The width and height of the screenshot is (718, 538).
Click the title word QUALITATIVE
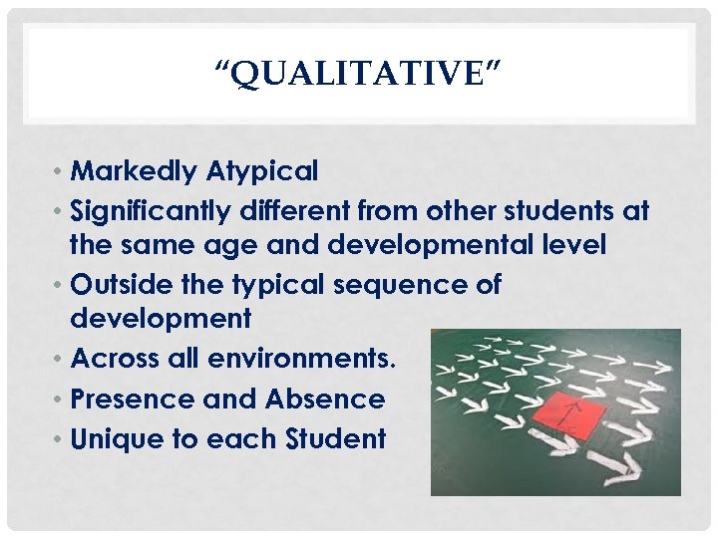pos(358,73)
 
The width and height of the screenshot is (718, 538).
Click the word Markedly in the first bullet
pos(134,171)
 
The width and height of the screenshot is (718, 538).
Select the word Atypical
pos(262,171)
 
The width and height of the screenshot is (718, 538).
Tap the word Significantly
pos(152,211)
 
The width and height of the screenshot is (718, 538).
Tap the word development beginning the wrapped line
pos(161,319)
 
